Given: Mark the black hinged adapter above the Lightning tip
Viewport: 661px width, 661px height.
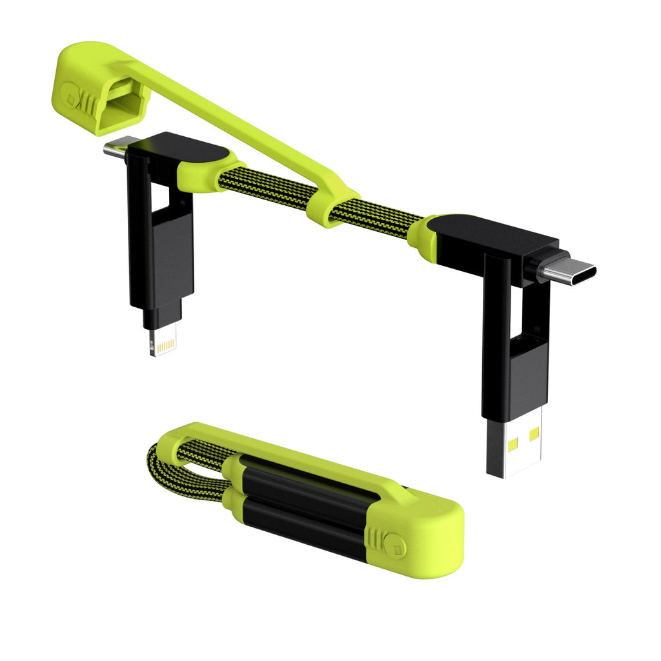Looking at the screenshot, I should (x=161, y=258).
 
